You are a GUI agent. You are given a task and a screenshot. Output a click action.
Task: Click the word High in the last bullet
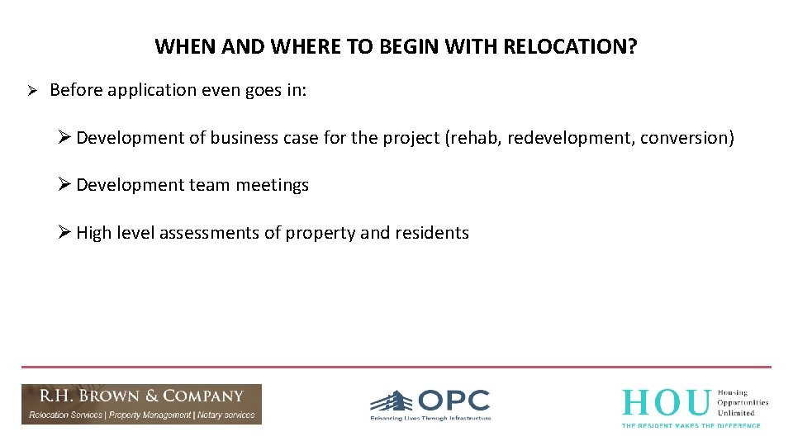coord(93,234)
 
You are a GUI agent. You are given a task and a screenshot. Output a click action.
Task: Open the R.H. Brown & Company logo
coord(141,404)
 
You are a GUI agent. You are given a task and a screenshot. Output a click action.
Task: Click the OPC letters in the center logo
coord(453,401)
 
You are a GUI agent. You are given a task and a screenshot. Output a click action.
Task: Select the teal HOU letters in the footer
coord(665,402)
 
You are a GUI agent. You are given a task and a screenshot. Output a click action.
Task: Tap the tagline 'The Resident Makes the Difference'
coord(691,425)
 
